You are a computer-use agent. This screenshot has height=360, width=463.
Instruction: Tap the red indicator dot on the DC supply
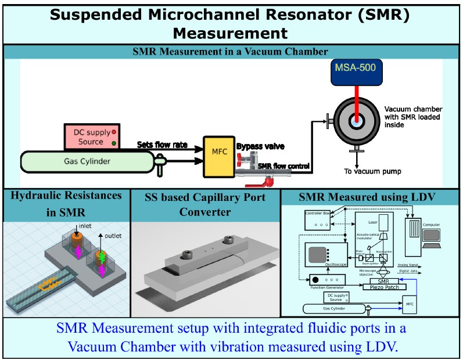(x=113, y=132)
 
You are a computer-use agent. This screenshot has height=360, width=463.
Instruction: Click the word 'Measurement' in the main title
(x=231, y=31)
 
